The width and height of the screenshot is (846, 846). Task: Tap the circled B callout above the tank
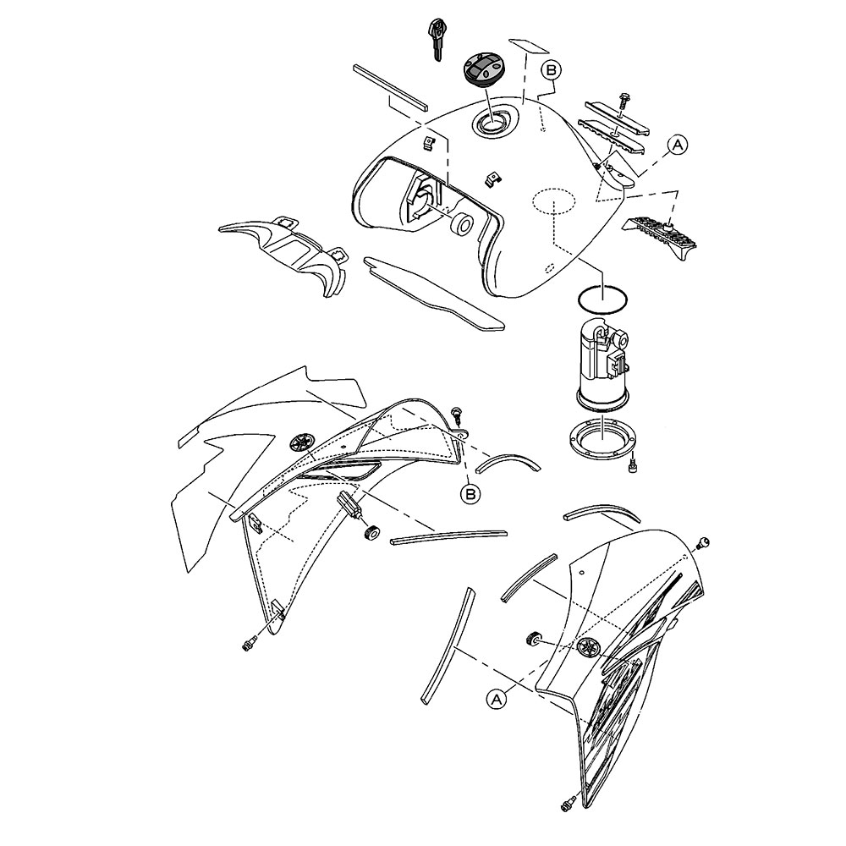552,70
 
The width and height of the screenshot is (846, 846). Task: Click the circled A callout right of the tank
678,145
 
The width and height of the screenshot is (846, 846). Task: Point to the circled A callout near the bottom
497,699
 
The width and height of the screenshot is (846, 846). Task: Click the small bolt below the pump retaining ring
633,466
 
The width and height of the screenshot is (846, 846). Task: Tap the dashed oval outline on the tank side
554,202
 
